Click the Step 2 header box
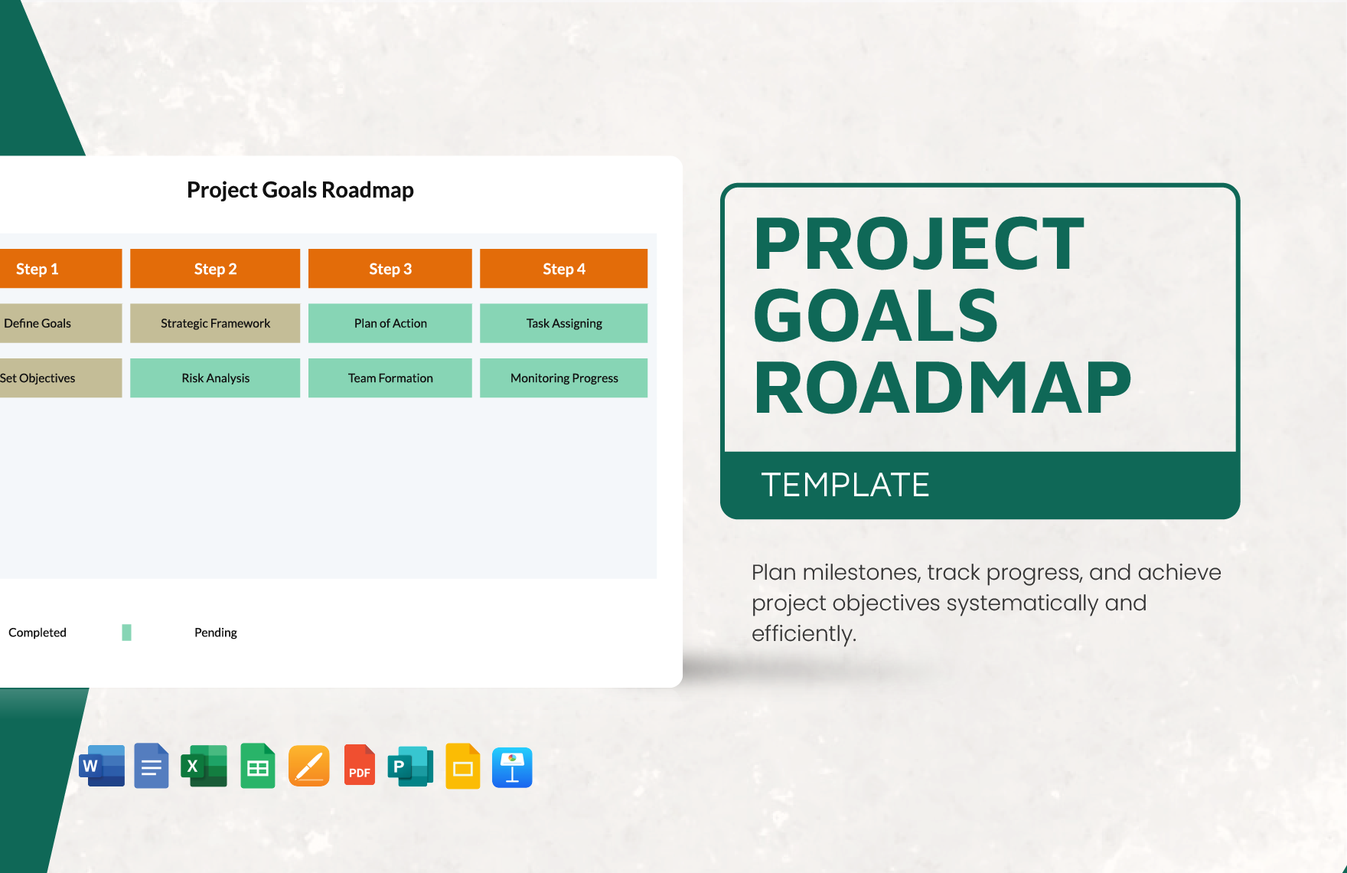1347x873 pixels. click(x=215, y=269)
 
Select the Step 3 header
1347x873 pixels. click(x=390, y=269)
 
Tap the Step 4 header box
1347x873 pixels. click(x=564, y=269)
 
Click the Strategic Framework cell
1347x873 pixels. click(x=215, y=323)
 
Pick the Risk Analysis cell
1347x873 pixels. click(x=215, y=378)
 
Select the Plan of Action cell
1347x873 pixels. click(x=390, y=323)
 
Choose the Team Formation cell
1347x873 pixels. click(x=390, y=378)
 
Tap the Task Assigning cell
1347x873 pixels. click(x=564, y=323)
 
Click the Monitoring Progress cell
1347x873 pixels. click(x=564, y=378)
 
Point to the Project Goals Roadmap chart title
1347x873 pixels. click(x=300, y=190)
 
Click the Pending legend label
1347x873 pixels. click(x=216, y=633)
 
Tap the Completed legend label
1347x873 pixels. click(x=38, y=633)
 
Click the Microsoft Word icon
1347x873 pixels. click(x=102, y=766)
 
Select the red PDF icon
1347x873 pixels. click(x=359, y=766)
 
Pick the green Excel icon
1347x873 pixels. click(x=204, y=766)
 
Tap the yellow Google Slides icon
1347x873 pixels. click(x=462, y=766)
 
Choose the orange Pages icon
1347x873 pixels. click(x=309, y=766)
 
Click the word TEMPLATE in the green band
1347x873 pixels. click(x=845, y=486)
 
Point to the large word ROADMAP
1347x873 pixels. click(x=942, y=388)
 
